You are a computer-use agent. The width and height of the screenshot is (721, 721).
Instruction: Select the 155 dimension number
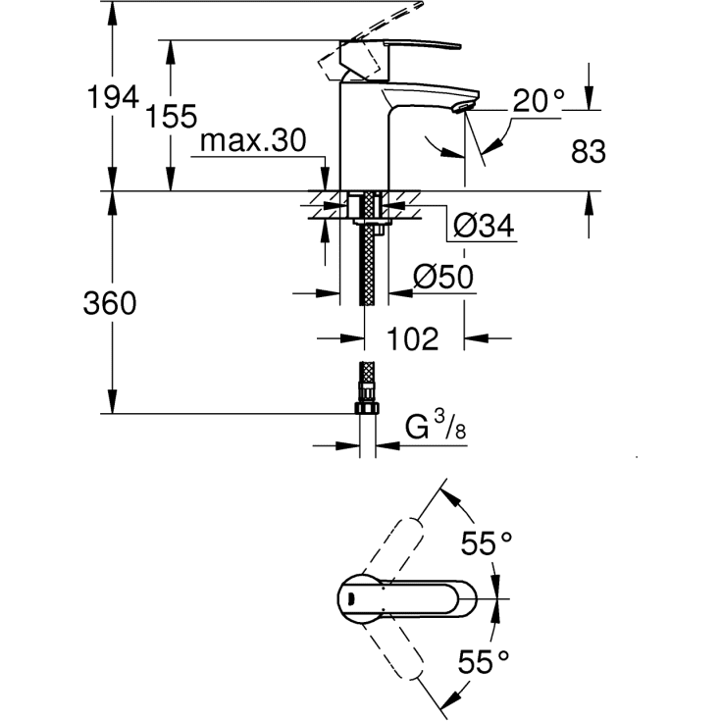(x=172, y=117)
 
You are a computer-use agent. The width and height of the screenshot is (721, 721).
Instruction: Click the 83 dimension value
(x=587, y=152)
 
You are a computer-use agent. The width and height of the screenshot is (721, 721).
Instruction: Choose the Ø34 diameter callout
(x=484, y=227)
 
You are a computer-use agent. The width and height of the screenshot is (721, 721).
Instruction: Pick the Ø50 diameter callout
(x=442, y=278)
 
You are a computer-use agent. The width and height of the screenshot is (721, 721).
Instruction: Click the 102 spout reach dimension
(x=412, y=338)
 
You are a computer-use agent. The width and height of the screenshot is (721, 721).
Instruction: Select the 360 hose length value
(x=111, y=303)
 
